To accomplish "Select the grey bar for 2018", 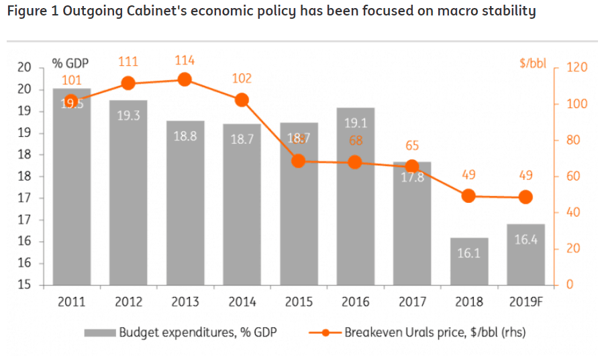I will [469, 262].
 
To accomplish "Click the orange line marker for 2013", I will [185, 80].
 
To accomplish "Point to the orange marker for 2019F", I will [526, 197].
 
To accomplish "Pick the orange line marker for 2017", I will [412, 167].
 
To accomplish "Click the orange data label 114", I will [185, 61].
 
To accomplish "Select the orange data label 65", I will [412, 146].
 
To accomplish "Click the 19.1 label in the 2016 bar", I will [356, 124].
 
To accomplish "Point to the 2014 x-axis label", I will [242, 302].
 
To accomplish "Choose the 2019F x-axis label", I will [526, 302].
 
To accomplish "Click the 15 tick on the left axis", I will [24, 285].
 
